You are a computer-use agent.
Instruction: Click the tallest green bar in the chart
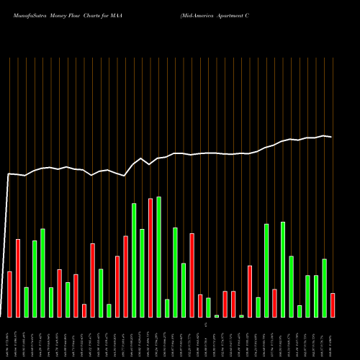(x=158, y=256)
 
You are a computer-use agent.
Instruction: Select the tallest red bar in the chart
(x=150, y=258)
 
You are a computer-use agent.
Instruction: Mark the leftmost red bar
(x=9, y=294)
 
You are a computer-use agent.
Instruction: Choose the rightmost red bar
(x=333, y=305)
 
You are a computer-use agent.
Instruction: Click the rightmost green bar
(x=324, y=288)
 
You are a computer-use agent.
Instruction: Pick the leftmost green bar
(x=26, y=302)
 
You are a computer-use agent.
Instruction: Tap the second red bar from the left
(x=18, y=278)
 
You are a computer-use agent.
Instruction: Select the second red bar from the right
(x=274, y=302)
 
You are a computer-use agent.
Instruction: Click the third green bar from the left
(x=42, y=273)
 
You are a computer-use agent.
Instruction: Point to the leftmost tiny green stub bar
(x=216, y=315)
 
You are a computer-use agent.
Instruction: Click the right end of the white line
(x=332, y=137)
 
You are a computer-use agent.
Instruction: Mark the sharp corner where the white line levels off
(x=9, y=174)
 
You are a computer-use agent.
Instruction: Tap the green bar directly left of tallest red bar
(x=142, y=273)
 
